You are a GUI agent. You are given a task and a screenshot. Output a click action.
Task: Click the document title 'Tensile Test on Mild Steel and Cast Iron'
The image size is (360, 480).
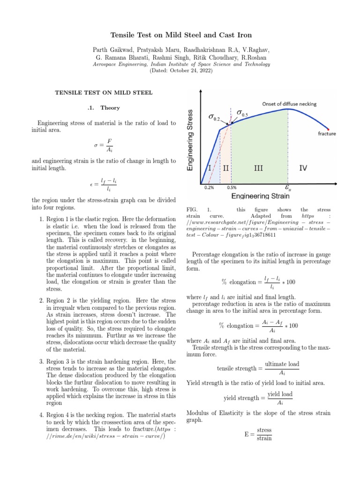(180, 36)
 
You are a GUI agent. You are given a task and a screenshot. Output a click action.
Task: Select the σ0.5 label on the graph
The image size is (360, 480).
(242, 113)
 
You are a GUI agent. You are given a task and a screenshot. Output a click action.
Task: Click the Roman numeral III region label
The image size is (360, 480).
(258, 167)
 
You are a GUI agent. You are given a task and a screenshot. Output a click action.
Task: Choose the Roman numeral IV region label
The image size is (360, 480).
(303, 167)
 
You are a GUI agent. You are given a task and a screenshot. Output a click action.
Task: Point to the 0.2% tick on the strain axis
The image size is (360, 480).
(209, 187)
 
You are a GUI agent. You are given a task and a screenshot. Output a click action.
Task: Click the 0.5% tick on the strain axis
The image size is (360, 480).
(232, 187)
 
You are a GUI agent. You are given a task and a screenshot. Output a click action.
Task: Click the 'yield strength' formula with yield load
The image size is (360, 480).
(258, 398)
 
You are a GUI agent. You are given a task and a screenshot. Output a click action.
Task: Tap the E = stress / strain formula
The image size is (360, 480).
(258, 434)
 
